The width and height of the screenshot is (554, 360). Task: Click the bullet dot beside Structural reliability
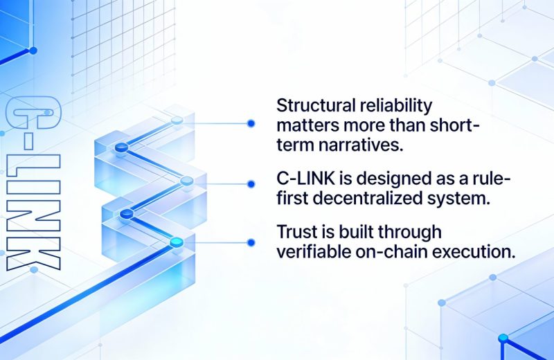[251, 123]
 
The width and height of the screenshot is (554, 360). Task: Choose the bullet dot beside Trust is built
[251, 242]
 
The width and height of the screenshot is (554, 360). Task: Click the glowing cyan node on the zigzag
[176, 242]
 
